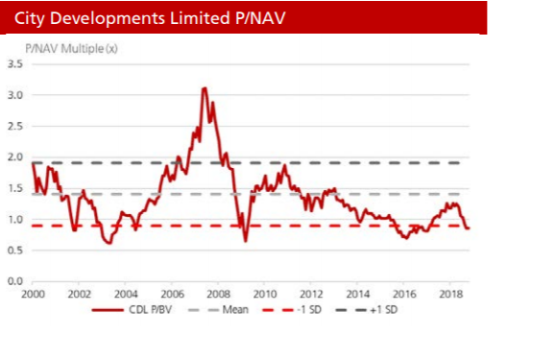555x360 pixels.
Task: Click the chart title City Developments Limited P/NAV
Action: (x=150, y=18)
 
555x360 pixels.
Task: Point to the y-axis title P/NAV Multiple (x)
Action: (x=71, y=49)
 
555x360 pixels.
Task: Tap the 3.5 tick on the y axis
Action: (x=15, y=64)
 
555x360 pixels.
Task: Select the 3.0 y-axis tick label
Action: (x=15, y=95)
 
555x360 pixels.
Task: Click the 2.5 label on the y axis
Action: (x=15, y=126)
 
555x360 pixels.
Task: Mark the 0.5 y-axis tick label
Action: (x=15, y=250)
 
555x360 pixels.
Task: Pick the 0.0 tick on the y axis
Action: (x=15, y=281)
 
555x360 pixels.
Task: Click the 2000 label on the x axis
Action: (x=33, y=294)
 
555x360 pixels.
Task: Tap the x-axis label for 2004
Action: (x=126, y=294)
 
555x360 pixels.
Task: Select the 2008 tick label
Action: (x=218, y=294)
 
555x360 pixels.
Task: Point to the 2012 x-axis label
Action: (x=311, y=294)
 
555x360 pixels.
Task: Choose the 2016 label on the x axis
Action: (x=404, y=294)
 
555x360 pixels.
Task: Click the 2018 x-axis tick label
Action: (x=450, y=294)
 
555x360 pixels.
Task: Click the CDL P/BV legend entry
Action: (x=132, y=310)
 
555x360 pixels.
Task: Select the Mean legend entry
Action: (x=218, y=310)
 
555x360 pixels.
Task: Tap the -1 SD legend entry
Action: (x=292, y=310)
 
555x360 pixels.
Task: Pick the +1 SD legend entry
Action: (x=367, y=310)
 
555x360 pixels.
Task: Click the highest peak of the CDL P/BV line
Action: (x=205, y=87)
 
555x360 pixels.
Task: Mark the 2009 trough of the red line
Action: (x=246, y=241)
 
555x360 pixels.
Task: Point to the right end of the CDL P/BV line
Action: (x=469, y=228)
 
